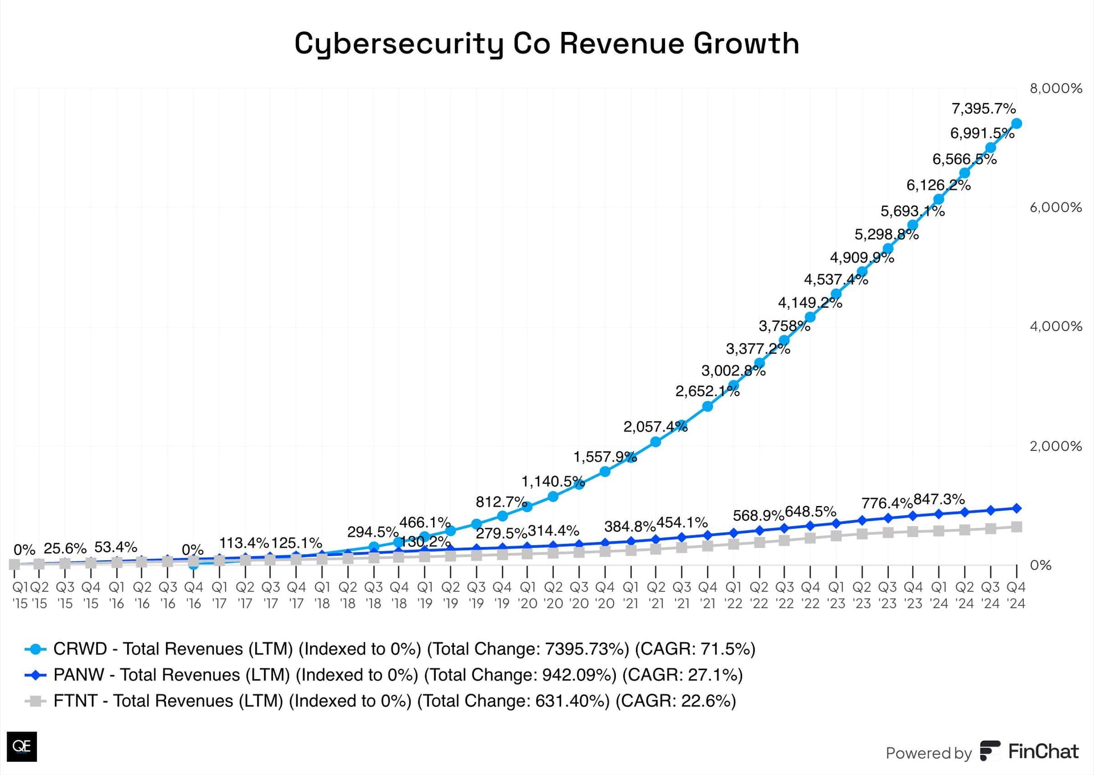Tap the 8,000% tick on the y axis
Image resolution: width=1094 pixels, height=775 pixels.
pos(1055,88)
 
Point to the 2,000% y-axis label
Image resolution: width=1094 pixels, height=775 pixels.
pos(1055,446)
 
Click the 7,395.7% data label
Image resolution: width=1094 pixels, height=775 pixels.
pos(983,108)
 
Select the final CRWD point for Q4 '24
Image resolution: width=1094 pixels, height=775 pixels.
pos(1017,124)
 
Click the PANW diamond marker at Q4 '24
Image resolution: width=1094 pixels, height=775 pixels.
pos(1017,508)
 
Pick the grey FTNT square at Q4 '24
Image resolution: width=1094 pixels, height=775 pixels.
pos(1017,527)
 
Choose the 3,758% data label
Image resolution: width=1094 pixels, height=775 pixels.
pos(784,326)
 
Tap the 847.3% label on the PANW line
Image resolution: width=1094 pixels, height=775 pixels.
pos(939,499)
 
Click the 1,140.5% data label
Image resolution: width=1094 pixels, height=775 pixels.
pos(553,482)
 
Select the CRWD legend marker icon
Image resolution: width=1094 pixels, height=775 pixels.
pos(36,649)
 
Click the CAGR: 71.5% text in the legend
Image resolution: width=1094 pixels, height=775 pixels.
pos(695,649)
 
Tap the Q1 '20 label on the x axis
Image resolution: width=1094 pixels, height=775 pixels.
pos(528,595)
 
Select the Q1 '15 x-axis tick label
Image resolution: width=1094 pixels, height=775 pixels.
pos(20,595)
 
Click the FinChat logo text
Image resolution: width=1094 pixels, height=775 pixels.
pos(1043,752)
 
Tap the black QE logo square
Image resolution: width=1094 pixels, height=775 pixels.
pos(22,747)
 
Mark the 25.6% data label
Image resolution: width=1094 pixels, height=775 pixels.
pos(65,549)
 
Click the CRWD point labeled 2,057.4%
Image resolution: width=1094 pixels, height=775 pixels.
pos(655,442)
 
